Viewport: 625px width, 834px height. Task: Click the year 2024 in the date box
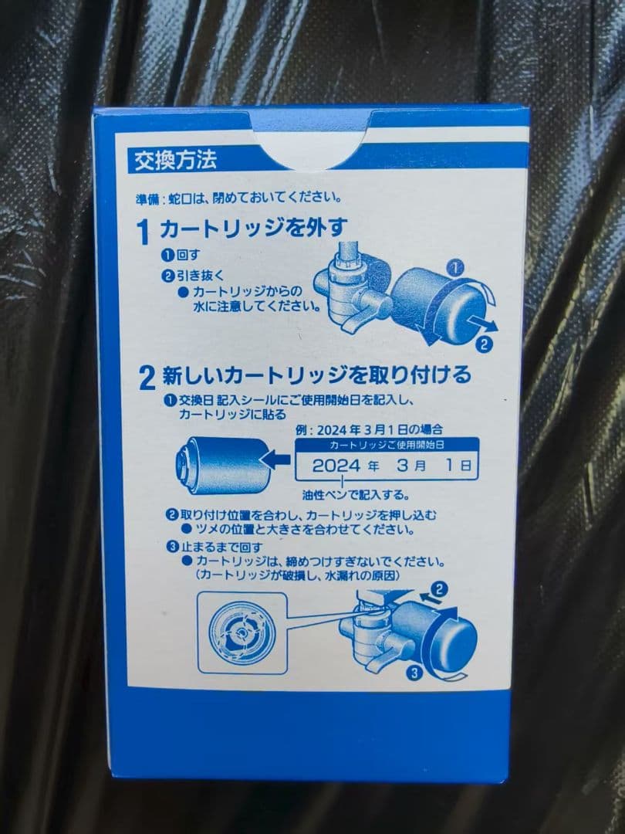click(336, 466)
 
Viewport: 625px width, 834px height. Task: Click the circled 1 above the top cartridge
click(455, 267)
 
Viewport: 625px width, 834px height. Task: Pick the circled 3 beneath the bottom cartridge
click(415, 673)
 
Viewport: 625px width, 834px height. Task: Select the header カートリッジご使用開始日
click(387, 446)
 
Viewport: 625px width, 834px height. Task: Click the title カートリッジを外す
click(253, 228)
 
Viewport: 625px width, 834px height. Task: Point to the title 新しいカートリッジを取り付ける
click(315, 376)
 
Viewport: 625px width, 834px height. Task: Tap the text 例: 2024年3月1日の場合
click(372, 428)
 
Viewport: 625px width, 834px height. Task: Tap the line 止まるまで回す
click(218, 547)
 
